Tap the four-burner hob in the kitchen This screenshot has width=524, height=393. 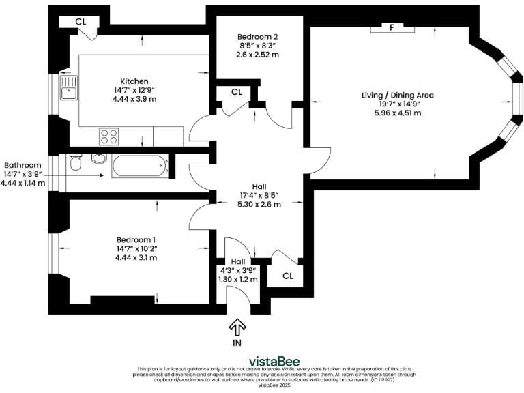pos(108,136)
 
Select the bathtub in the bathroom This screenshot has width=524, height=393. pos(139,164)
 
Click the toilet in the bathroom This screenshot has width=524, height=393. pos(75,164)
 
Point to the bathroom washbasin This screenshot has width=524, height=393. pos(98,159)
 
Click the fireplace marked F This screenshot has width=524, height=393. pos(392,28)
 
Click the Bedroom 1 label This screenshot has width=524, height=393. pos(136,239)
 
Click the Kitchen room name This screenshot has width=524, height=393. pos(134,81)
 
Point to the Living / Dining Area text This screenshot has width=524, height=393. pos(398,95)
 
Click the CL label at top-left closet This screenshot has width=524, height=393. pos(81,22)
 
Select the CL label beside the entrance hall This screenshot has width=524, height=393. pos(288,276)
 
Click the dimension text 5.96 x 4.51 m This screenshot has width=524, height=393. pos(398,113)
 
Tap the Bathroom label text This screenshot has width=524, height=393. pos(23,165)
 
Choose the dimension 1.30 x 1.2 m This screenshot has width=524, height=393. pos(238,279)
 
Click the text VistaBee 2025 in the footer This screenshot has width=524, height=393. pos(274,385)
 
